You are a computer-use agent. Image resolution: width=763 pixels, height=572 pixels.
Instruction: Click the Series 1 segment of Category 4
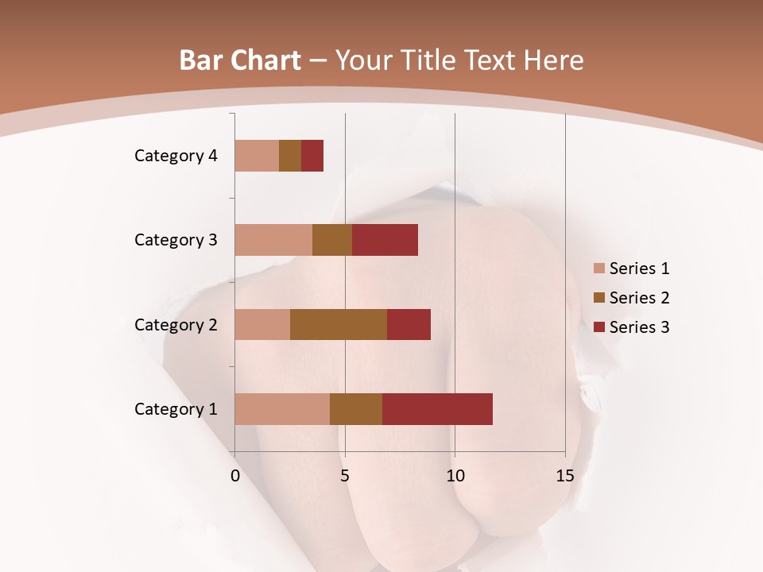tap(257, 156)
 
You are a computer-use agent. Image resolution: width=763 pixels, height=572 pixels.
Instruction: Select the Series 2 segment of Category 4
tap(290, 156)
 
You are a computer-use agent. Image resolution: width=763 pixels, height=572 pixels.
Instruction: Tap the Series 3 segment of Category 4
tap(312, 156)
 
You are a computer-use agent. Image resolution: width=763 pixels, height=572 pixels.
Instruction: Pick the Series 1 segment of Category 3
tap(273, 240)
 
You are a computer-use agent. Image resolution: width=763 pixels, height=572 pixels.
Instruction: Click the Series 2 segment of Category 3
tap(332, 240)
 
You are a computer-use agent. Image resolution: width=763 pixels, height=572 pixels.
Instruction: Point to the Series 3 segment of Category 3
tap(385, 240)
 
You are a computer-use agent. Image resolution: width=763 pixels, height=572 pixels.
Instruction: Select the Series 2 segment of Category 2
tap(339, 324)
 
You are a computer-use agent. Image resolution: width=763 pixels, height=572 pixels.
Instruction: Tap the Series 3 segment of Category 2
tap(409, 324)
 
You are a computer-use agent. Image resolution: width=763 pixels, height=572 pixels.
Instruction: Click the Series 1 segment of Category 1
tap(282, 409)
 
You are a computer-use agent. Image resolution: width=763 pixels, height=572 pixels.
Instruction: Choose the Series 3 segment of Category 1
tap(437, 409)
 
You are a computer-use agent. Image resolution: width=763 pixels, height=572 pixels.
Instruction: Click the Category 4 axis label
tap(176, 156)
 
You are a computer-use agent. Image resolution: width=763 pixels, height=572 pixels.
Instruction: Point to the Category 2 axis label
tap(176, 325)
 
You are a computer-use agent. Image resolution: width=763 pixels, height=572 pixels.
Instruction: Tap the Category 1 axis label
tap(176, 409)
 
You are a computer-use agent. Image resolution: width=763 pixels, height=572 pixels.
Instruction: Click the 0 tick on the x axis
tap(235, 476)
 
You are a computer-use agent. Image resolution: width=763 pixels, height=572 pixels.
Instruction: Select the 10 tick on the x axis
tap(455, 476)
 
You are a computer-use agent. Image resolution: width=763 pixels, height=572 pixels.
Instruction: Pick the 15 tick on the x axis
tap(565, 476)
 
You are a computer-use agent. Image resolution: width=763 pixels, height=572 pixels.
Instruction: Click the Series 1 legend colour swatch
tap(598, 269)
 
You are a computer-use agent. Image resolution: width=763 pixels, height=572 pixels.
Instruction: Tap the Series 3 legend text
tap(639, 327)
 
